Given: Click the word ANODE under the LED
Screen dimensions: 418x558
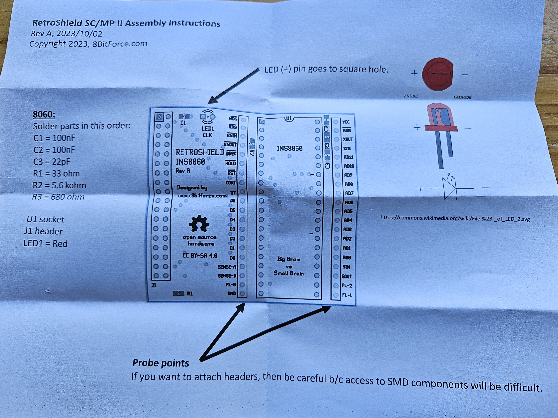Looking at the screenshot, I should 411,96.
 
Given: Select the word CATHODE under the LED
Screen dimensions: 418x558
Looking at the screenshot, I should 462,97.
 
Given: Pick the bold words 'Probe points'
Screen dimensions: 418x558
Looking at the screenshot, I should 161,363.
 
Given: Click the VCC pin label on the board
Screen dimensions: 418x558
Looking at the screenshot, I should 346,122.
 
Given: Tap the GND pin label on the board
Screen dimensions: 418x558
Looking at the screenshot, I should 232,293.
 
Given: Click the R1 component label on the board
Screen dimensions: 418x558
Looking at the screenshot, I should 190,294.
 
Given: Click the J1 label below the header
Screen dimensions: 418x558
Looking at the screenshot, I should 154,285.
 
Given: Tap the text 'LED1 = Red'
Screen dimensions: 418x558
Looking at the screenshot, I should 45,244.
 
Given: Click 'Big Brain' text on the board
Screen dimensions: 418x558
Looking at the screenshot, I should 289,259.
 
